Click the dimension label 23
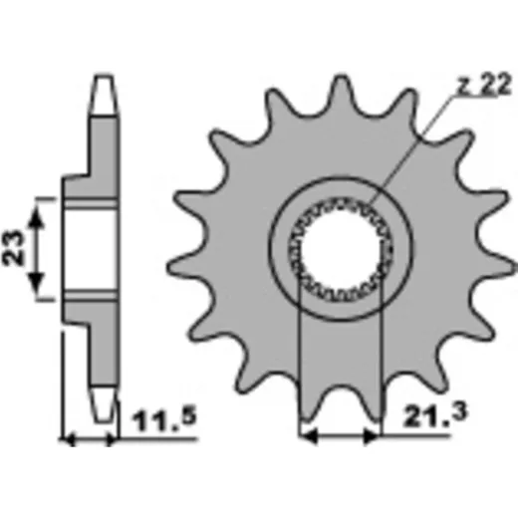point(13,248)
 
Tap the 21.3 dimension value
point(435,414)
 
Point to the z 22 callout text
point(483,85)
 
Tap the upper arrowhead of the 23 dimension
point(37,216)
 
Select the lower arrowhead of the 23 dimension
point(37,283)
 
